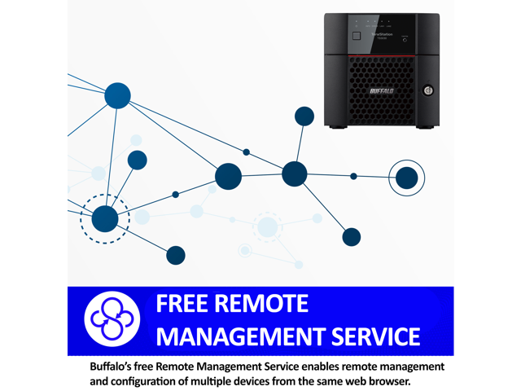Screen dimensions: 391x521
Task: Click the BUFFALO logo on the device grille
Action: pyautogui.click(x=381, y=91)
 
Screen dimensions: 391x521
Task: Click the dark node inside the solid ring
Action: pyautogui.click(x=406, y=178)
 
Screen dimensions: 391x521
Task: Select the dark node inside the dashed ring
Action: pyautogui.click(x=105, y=218)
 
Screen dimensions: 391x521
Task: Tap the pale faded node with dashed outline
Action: pyautogui.click(x=267, y=227)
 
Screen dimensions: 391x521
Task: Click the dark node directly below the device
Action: pyautogui.click(x=352, y=237)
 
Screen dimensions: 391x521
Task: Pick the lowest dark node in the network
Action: pyautogui.click(x=176, y=255)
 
